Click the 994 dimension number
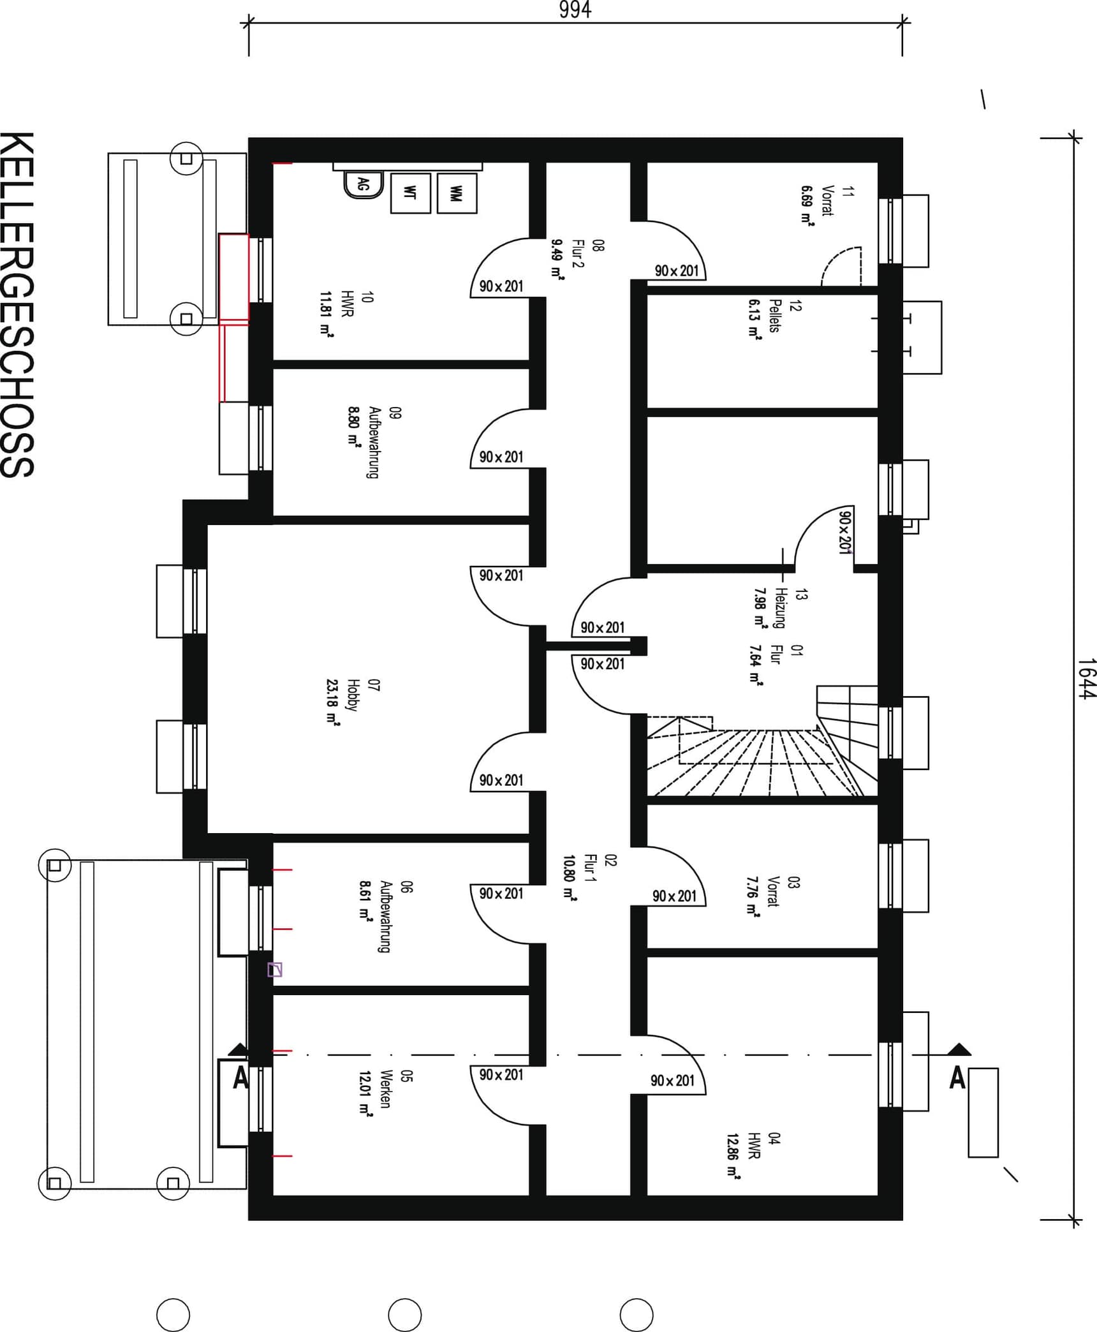click(x=575, y=10)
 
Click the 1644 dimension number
click(x=1086, y=678)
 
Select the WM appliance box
click(x=457, y=193)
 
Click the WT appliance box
click(x=410, y=193)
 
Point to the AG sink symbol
click(x=363, y=185)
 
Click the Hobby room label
click(x=351, y=695)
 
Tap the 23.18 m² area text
click(x=332, y=702)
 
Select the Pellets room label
click(x=774, y=316)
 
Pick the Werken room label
click(x=385, y=1089)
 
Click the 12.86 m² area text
click(x=733, y=1156)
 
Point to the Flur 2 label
click(x=578, y=253)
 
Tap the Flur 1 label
click(x=590, y=868)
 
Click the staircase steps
click(x=759, y=759)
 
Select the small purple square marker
click(x=274, y=970)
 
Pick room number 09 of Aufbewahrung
click(x=395, y=413)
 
